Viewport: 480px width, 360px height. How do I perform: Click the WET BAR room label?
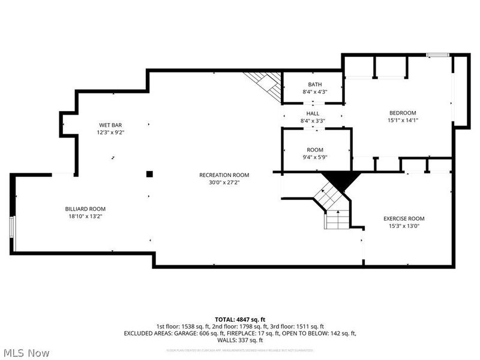111,125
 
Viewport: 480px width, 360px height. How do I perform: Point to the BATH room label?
314,84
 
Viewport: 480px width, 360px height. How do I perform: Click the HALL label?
313,113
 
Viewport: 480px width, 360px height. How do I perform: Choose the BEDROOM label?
403,113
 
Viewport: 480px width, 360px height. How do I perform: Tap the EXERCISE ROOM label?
404,218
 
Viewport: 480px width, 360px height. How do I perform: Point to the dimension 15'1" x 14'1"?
403,120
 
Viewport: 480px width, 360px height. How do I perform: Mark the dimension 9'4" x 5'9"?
315,157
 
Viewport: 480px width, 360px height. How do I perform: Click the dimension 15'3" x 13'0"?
404,226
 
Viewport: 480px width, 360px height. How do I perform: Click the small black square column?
150,174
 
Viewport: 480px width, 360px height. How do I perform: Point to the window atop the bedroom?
437,55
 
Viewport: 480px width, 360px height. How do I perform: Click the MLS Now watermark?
26,353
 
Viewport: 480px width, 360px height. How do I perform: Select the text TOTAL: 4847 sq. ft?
240,319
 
